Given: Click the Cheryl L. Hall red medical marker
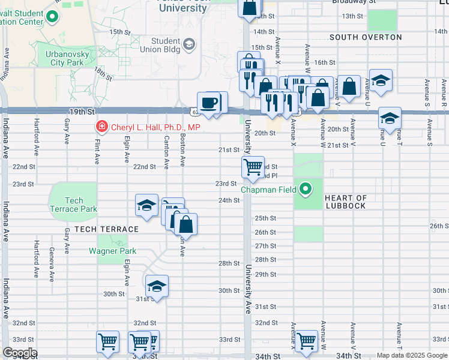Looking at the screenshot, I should (x=101, y=127).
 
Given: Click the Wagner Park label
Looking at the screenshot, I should (x=112, y=251).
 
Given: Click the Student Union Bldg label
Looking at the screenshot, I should (x=166, y=44).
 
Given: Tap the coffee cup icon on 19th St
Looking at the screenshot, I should (x=209, y=103).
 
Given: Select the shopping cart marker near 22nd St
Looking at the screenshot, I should (x=253, y=166).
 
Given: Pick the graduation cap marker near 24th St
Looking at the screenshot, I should (x=147, y=205).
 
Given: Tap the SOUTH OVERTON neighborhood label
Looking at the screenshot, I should (x=366, y=37).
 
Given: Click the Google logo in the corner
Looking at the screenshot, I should (x=19, y=353).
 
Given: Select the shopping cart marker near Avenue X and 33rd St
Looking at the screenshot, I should (x=307, y=341).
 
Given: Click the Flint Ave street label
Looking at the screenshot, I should (x=97, y=150).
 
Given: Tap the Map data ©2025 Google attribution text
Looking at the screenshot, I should (x=411, y=355).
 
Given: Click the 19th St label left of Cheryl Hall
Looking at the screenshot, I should (x=82, y=112).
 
